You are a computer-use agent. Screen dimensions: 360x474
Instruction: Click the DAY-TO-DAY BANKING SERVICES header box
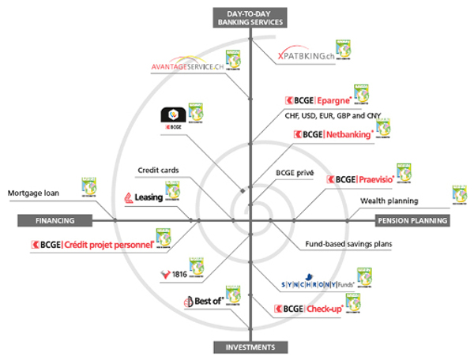pos(249,18)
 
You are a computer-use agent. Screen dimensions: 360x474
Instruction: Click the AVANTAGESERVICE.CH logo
pos(186,67)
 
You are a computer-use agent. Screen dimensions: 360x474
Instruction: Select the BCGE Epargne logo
pos(318,101)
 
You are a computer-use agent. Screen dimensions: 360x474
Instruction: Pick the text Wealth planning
pos(389,201)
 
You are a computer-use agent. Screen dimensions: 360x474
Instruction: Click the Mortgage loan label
pos(35,193)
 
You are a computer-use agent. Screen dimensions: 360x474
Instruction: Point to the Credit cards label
pos(159,170)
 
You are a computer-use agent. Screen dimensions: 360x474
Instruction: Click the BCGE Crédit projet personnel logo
pos(93,246)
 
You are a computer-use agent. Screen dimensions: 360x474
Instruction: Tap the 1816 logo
pos(172,274)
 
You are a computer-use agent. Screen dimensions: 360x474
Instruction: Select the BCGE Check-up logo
pos(308,309)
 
